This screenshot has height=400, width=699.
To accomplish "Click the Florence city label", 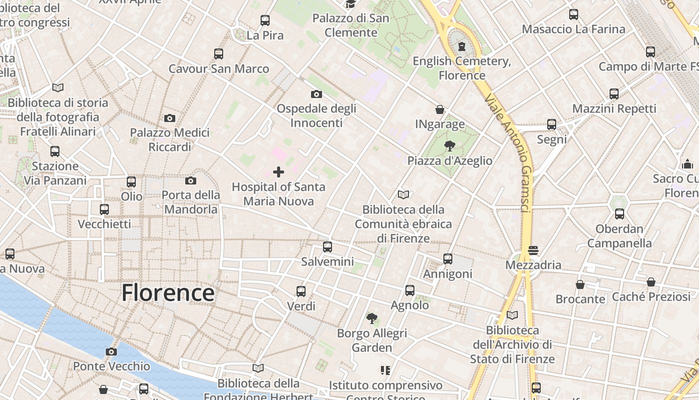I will pyautogui.click(x=168, y=292).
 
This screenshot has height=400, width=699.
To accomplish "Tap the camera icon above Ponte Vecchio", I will pyautogui.click(x=111, y=351).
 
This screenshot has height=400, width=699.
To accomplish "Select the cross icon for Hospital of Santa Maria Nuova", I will pyautogui.click(x=279, y=172).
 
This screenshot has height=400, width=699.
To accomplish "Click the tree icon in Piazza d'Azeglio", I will pyautogui.click(x=449, y=146).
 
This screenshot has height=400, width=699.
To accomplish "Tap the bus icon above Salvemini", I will pyautogui.click(x=328, y=246).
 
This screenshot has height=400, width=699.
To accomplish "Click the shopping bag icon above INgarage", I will pyautogui.click(x=440, y=109).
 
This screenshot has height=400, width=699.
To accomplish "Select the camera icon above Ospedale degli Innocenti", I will pyautogui.click(x=316, y=94).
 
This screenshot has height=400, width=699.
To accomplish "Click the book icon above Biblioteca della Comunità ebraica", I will pyautogui.click(x=403, y=194).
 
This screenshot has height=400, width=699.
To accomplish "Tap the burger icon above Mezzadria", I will pyautogui.click(x=533, y=250).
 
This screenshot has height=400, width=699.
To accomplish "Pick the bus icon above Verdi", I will pyautogui.click(x=301, y=291).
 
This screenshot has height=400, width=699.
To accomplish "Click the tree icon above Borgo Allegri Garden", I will pyautogui.click(x=371, y=318).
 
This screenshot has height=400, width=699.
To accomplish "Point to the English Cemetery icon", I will pyautogui.click(x=462, y=46).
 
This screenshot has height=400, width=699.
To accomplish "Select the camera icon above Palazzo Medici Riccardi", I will pyautogui.click(x=170, y=118).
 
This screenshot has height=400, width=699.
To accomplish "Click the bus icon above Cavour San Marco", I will pyautogui.click(x=219, y=54).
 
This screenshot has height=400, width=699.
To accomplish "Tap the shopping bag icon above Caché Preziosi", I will pyautogui.click(x=651, y=282).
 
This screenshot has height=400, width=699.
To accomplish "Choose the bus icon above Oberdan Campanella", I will pyautogui.click(x=620, y=214).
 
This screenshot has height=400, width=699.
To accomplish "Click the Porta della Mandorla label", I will pyautogui.click(x=191, y=201).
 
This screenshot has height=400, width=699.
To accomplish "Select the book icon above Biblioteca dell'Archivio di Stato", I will pyautogui.click(x=512, y=315).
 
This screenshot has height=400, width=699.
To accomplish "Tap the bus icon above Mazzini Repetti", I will pyautogui.click(x=614, y=93).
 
